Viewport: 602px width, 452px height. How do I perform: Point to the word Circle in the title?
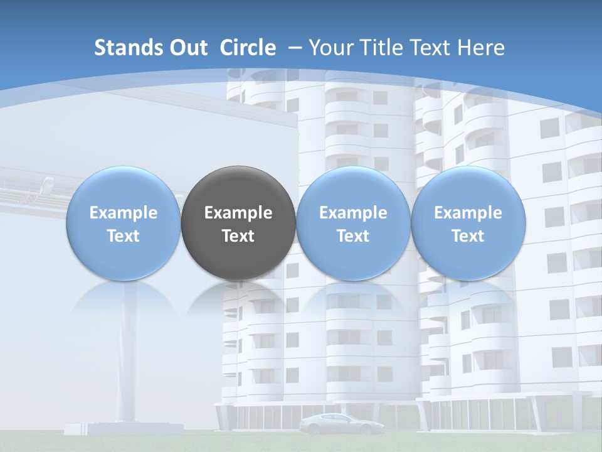coord(248,48)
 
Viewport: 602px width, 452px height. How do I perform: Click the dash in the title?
coord(295,48)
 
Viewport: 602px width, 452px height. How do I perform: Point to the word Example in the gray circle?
coord(238,213)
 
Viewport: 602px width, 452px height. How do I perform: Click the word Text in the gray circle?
coord(238,236)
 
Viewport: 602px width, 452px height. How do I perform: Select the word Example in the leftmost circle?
coord(124,213)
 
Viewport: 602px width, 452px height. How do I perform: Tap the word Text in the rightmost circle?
coord(468,236)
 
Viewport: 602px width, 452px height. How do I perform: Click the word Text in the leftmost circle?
coord(124,236)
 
